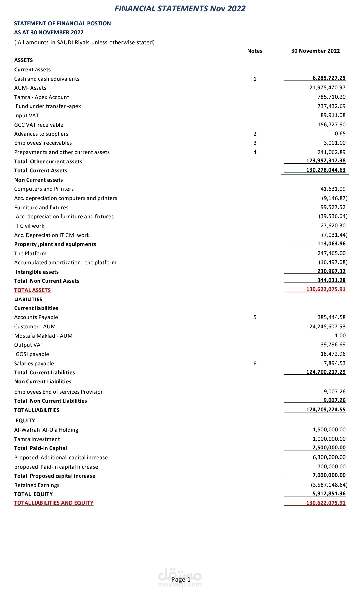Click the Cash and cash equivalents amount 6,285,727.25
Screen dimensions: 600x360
coord(329,78)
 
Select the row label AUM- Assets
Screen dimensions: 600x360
coord(30,88)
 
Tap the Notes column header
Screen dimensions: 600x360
coord(255,51)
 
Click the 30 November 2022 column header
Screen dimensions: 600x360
coord(315,51)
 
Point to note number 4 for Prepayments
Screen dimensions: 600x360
coord(255,152)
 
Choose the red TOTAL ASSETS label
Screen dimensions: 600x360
coord(32,290)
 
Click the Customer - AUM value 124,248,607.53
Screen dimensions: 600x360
coord(326,327)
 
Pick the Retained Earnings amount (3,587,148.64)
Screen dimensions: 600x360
coord(329,485)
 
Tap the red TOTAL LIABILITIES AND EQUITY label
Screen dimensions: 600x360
coord(54,503)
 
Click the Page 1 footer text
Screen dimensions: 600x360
coord(181,580)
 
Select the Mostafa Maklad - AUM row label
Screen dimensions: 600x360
coord(43,336)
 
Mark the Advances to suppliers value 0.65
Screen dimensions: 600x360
coord(340,134)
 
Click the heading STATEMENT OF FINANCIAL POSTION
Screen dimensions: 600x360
coord(62,23)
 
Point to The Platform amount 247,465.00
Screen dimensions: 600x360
coord(331,253)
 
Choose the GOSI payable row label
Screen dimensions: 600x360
coord(32,354)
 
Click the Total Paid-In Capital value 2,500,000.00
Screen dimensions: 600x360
coord(329,448)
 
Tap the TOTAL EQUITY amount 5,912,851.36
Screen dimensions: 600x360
coord(329,494)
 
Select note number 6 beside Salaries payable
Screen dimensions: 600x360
coord(255,364)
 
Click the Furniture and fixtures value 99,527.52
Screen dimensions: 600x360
coord(333,207)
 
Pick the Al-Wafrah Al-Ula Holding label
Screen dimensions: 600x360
coord(46,430)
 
